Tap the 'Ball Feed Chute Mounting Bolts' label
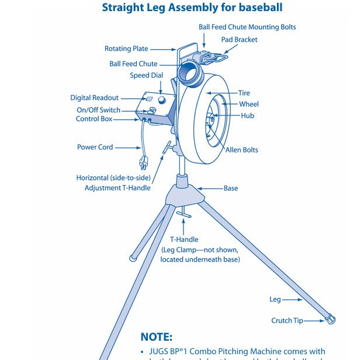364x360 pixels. [x=247, y=27]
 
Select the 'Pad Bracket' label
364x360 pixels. [x=239, y=40]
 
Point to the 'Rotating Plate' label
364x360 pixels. [x=126, y=49]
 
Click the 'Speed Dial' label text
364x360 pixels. [x=146, y=75]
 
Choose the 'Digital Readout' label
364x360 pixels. [x=94, y=98]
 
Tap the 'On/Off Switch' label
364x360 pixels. [x=98, y=110]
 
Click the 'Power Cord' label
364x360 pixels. [x=95, y=147]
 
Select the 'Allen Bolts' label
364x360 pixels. [x=241, y=150]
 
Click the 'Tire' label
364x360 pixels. [x=244, y=94]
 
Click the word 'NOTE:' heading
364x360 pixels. [x=157, y=337]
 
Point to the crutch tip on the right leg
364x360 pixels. [x=332, y=320]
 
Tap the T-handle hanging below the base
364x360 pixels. [x=183, y=216]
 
